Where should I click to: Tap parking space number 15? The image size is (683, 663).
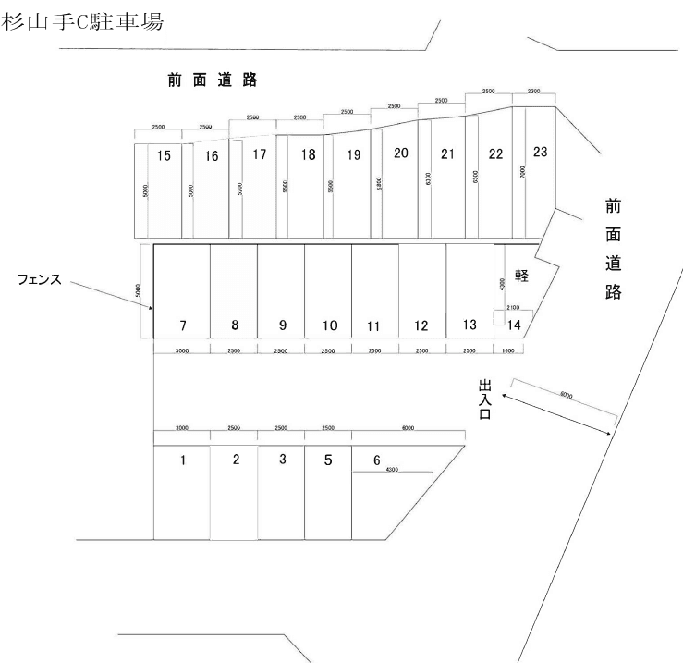164,155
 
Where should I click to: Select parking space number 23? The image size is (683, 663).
541,151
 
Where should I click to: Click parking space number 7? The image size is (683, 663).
183,325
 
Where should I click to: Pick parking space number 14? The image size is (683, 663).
515,324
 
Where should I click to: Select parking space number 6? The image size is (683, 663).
376,460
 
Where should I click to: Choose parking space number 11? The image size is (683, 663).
374,325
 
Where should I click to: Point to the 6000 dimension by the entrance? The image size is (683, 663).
566,395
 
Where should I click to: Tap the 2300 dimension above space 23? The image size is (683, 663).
533,92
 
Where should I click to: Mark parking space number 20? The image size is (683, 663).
401,153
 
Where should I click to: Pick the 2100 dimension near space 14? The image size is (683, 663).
513,306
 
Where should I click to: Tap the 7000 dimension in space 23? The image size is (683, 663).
523,172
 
